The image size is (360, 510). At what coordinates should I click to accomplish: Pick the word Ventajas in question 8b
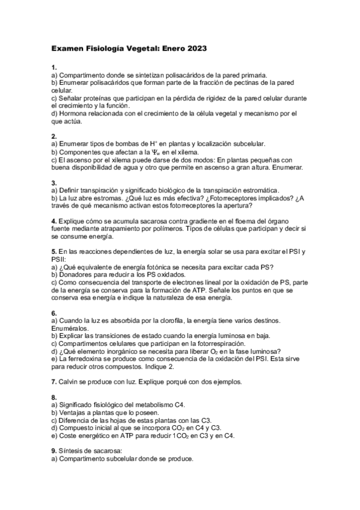72,413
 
